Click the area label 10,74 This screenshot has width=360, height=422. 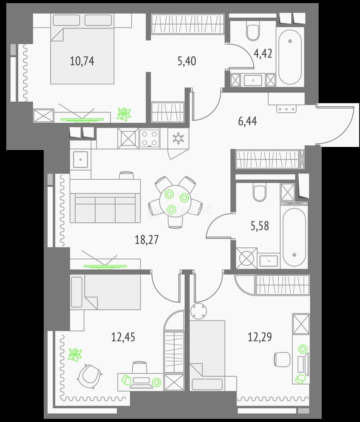tap(82, 61)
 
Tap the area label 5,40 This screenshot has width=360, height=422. tap(187, 61)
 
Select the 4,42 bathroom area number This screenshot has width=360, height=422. tap(263, 54)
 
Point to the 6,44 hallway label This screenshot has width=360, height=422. tap(247, 121)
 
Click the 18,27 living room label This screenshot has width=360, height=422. tap(146, 240)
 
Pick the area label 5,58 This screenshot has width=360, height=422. tap(260, 226)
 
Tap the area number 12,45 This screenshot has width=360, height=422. tap(123, 337)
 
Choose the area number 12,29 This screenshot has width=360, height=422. tap(260, 337)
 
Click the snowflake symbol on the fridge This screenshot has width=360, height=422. tap(178, 138)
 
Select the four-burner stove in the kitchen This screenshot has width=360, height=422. tap(150, 138)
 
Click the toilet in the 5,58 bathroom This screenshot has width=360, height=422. tap(260, 193)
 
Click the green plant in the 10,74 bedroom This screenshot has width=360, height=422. tap(124, 114)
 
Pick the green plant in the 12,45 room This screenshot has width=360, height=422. tap(75, 355)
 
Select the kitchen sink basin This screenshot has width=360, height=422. tap(81, 159)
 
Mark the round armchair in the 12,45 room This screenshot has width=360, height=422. tap(89, 376)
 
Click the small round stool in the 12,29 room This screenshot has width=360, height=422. tap(199, 311)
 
